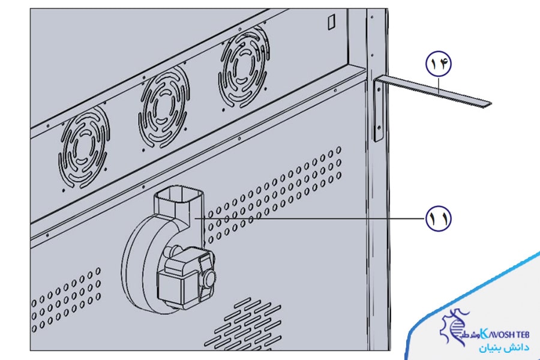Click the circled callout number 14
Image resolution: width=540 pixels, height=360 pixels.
tap(438, 63)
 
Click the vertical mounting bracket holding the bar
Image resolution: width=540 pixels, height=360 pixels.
tap(377, 111)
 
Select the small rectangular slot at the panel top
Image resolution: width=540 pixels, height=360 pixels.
tap(331, 22)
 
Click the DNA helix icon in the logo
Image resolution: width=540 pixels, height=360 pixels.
tap(455, 331)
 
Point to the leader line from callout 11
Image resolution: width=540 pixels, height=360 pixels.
tap(312, 220)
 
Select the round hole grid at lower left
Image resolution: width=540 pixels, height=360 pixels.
tap(66, 300)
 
